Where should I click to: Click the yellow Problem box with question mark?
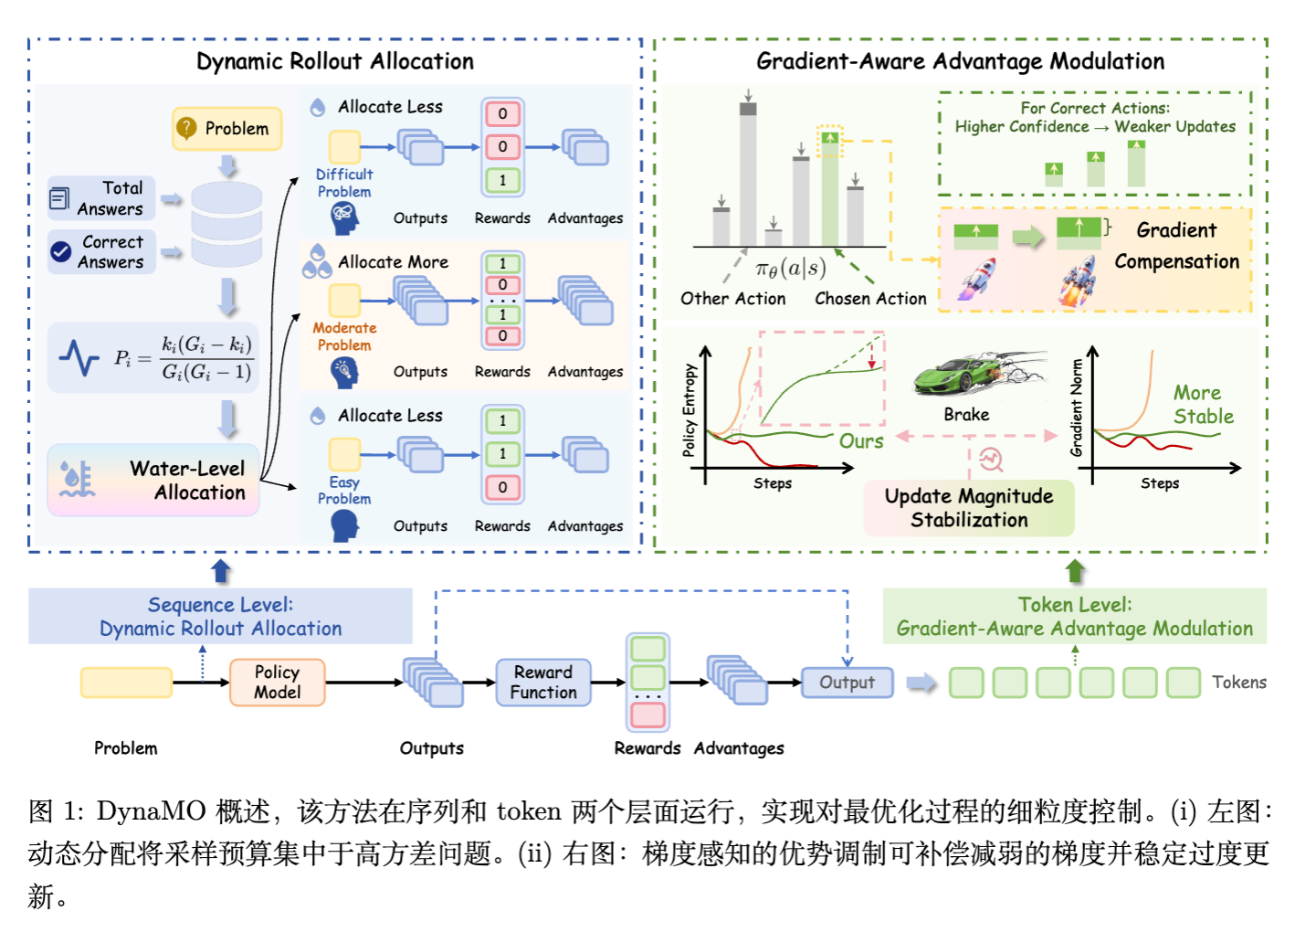coord(226,129)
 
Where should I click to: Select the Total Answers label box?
coord(101,198)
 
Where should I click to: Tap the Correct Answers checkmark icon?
coord(61,252)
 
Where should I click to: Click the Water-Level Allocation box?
coord(153,481)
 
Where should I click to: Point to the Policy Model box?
coord(277,683)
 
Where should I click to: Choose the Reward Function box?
coord(543,683)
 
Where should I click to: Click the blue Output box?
coord(847,683)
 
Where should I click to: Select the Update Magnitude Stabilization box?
coord(969,508)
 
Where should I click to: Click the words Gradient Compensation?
coord(1176,246)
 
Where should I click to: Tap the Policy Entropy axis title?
coord(690,410)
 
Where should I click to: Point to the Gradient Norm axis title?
coord(1077,408)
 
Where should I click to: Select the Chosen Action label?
coord(870,299)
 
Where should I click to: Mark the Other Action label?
coord(732,299)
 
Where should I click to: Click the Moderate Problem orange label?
coord(344,336)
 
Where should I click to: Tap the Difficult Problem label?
coord(344,183)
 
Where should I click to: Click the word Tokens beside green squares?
coord(1238,683)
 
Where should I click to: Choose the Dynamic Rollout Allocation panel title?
coord(335,62)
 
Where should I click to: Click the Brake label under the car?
coord(966,415)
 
